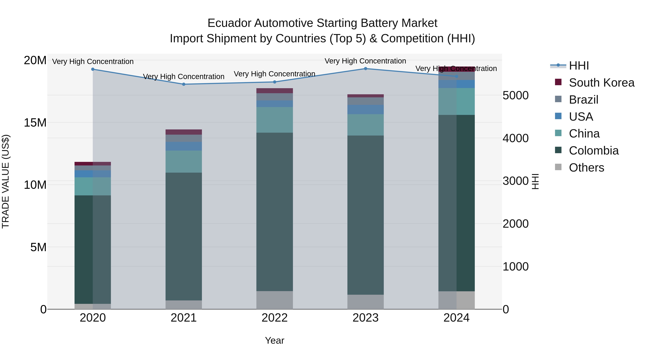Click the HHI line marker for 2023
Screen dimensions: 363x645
[x=365, y=69]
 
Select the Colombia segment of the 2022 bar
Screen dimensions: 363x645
[x=274, y=212]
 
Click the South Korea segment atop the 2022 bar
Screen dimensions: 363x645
[x=274, y=91]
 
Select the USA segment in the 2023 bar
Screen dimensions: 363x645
[x=365, y=110]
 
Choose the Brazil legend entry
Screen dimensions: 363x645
[x=583, y=100]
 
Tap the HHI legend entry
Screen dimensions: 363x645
[x=578, y=66]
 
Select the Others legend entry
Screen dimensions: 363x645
[x=586, y=168]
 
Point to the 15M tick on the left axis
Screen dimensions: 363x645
[x=35, y=123]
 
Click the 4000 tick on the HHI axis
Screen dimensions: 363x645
[x=515, y=138]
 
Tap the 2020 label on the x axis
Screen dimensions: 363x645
[x=93, y=318]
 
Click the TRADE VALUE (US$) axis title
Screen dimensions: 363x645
[x=6, y=181]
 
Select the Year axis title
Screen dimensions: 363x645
[x=274, y=340]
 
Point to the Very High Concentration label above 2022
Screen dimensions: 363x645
[x=274, y=74]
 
